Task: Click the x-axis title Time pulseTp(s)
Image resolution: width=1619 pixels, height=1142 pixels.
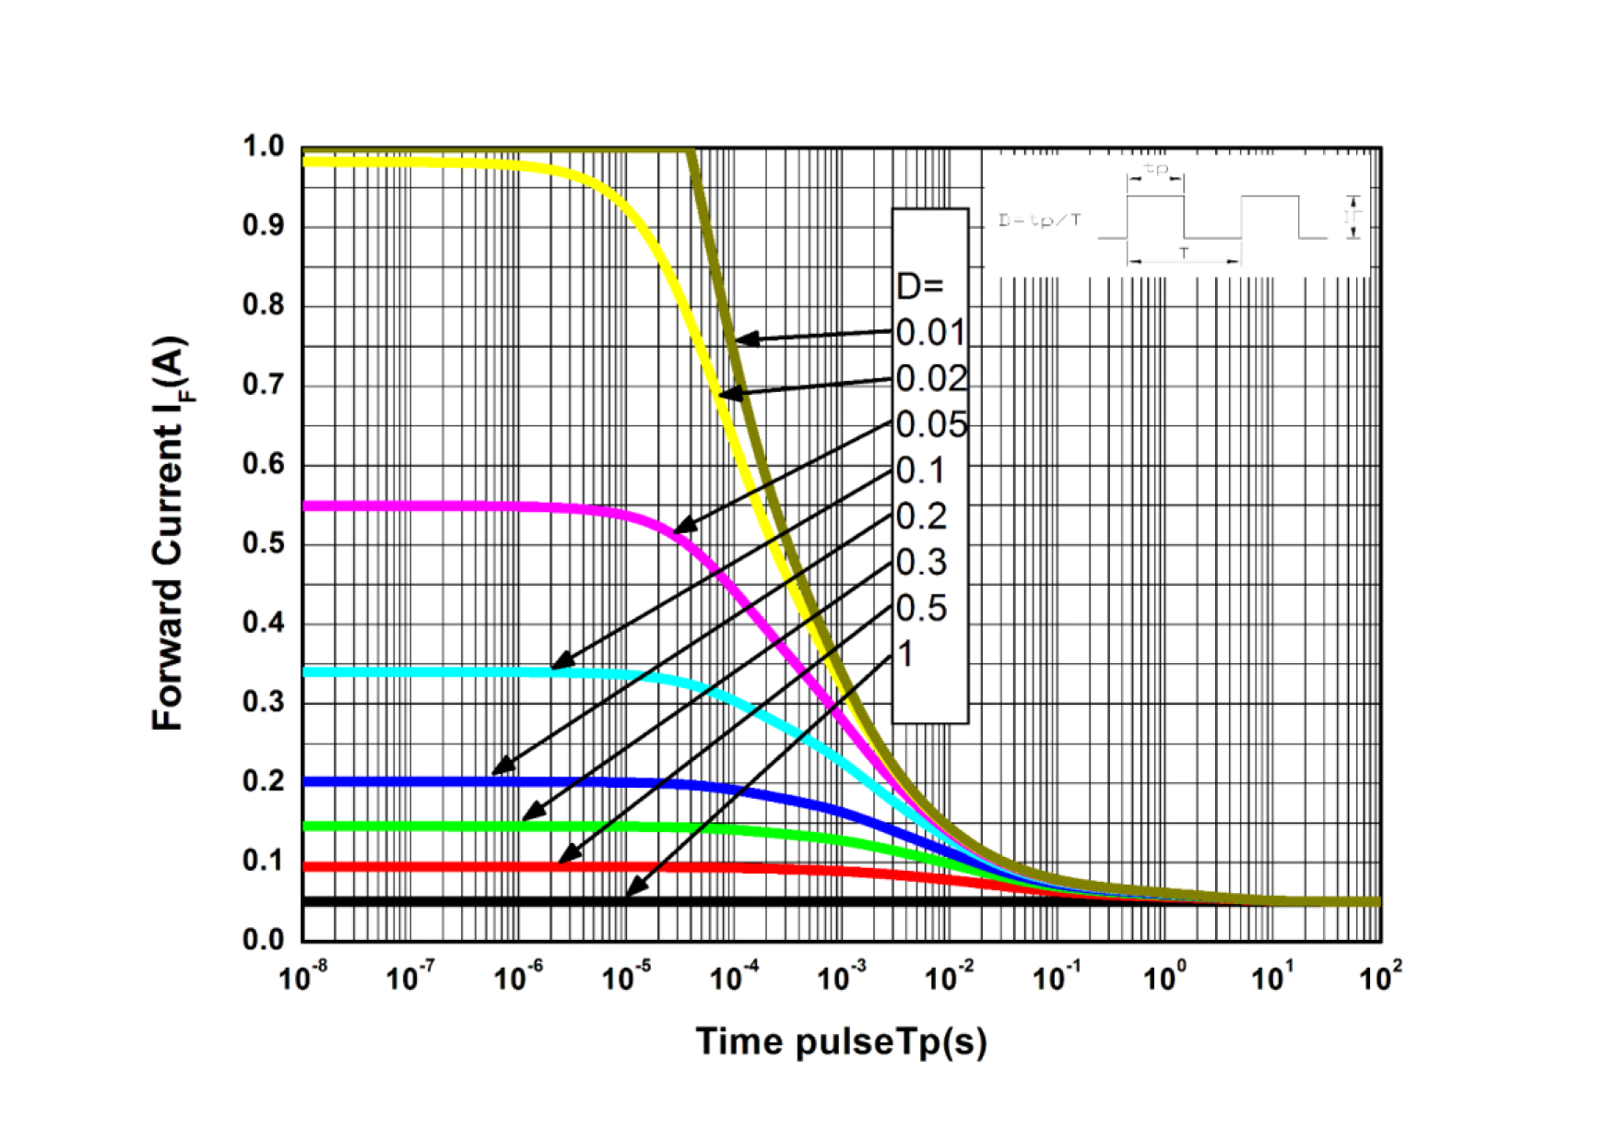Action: (841, 1041)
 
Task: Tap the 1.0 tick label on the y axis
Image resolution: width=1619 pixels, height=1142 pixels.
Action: (264, 147)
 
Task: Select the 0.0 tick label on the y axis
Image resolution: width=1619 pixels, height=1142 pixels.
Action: (264, 940)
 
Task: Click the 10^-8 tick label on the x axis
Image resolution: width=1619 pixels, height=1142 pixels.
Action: (303, 976)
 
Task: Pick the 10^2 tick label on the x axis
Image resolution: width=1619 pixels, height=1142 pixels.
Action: (1380, 976)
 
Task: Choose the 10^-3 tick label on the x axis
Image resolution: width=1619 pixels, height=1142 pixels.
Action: (842, 976)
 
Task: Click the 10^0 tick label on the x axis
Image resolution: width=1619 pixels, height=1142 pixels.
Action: (1164, 976)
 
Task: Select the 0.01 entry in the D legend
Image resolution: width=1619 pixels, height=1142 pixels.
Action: (931, 333)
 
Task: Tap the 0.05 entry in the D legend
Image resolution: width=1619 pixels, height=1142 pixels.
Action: (931, 425)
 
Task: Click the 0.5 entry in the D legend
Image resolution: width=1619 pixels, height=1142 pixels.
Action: (922, 609)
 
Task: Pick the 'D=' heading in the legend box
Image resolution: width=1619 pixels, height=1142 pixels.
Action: (919, 287)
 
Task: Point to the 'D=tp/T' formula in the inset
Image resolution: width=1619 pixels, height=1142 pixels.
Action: (1040, 220)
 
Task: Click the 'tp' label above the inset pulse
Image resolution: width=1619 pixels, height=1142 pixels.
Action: (1155, 170)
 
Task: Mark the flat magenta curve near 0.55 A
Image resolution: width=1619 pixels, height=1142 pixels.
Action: (415, 506)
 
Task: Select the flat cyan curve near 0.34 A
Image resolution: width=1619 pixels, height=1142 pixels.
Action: (415, 672)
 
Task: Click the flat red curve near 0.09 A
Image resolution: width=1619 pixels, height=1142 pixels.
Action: (415, 867)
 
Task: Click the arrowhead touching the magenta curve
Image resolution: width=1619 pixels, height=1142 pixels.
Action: (683, 528)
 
